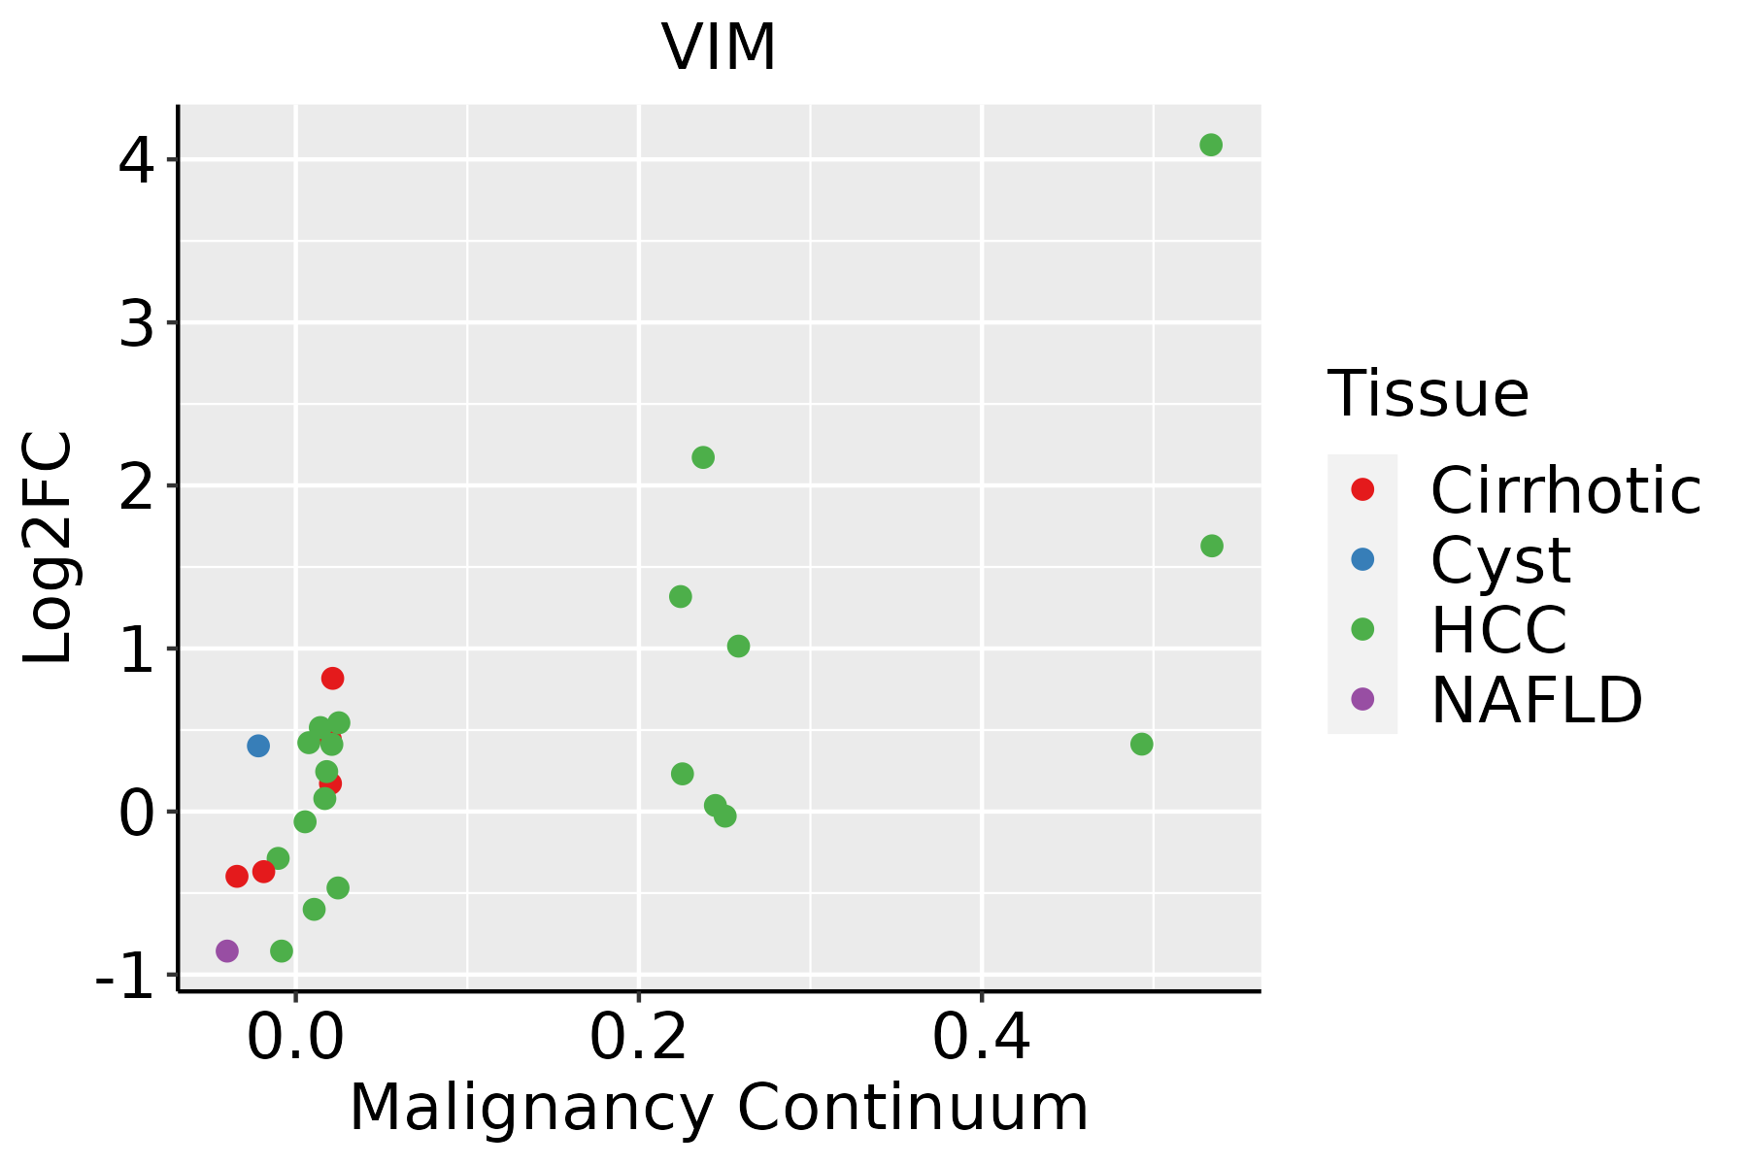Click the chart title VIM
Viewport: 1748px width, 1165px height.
coord(719,47)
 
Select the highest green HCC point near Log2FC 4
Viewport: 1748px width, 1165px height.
coord(1210,145)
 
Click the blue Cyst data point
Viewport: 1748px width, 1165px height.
coord(257,746)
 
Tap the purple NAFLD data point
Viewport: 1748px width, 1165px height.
coord(226,950)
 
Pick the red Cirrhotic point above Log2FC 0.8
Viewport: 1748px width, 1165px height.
coord(332,678)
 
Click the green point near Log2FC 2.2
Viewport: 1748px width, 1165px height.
coord(703,457)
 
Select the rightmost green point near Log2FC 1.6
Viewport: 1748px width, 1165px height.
coord(1211,546)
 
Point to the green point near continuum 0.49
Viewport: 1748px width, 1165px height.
coord(1141,744)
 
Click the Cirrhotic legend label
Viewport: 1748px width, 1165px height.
coord(1564,490)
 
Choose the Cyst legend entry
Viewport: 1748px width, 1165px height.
coord(1500,560)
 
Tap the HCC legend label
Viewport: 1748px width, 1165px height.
coord(1498,630)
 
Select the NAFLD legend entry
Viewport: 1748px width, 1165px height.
coord(1536,700)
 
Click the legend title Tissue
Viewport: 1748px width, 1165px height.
coord(1428,394)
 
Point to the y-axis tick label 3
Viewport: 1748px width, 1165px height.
coord(136,325)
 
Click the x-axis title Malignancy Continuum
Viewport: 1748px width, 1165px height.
coord(719,1108)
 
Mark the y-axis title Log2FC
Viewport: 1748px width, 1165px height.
coord(49,548)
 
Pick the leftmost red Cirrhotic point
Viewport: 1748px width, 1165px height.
coord(236,876)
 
